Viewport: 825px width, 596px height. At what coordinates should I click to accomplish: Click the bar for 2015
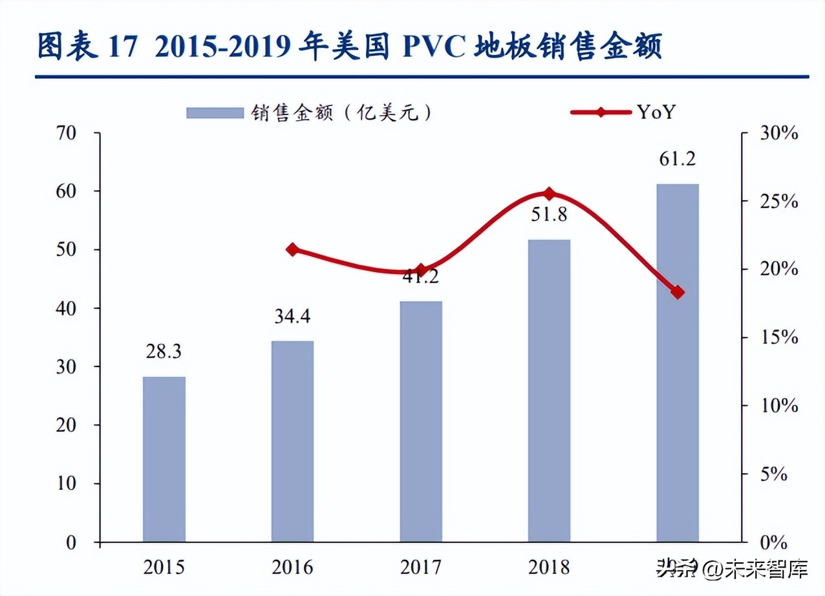164,459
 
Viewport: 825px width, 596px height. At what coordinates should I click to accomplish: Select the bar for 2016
292,441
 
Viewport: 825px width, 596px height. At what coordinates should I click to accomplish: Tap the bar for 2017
421,421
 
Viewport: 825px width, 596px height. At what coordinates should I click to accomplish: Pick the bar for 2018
549,390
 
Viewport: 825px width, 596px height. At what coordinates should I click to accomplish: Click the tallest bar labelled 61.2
678,363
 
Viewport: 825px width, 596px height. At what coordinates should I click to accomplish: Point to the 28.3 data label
164,352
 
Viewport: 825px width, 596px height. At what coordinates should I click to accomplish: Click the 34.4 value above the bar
292,317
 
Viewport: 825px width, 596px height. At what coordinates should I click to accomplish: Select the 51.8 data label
549,215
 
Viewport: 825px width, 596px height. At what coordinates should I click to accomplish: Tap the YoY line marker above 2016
292,250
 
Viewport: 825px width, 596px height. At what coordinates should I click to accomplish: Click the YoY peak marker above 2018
549,193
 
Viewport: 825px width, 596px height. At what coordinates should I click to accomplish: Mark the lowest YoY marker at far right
678,292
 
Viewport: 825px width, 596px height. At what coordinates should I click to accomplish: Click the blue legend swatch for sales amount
214,112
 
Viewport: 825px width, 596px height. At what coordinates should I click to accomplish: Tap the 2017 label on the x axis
421,568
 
